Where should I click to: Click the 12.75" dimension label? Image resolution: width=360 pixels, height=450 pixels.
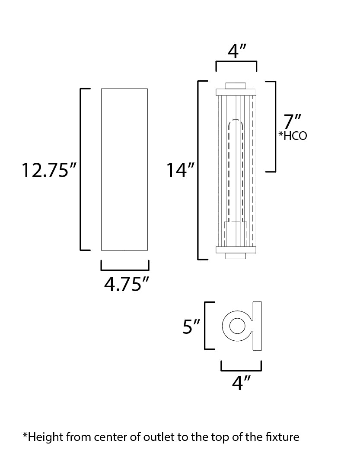click(x=49, y=170)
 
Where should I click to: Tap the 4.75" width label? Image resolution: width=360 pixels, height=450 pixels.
click(x=127, y=285)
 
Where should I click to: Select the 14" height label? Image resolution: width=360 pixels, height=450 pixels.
click(x=180, y=170)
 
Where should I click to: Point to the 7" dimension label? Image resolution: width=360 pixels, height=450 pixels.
click(x=293, y=122)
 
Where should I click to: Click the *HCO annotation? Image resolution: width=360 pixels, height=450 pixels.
click(x=293, y=136)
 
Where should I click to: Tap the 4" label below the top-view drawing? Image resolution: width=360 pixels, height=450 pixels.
click(x=241, y=383)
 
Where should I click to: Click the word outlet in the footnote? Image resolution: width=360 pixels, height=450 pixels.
click(x=159, y=437)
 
